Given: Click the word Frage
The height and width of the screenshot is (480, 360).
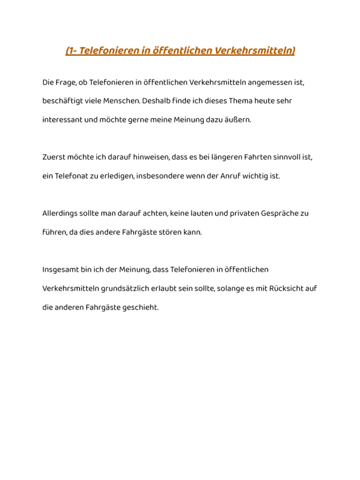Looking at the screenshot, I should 66,82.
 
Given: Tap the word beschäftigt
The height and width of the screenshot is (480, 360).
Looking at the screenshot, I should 63,101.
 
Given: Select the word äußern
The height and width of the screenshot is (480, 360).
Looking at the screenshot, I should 239,120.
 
